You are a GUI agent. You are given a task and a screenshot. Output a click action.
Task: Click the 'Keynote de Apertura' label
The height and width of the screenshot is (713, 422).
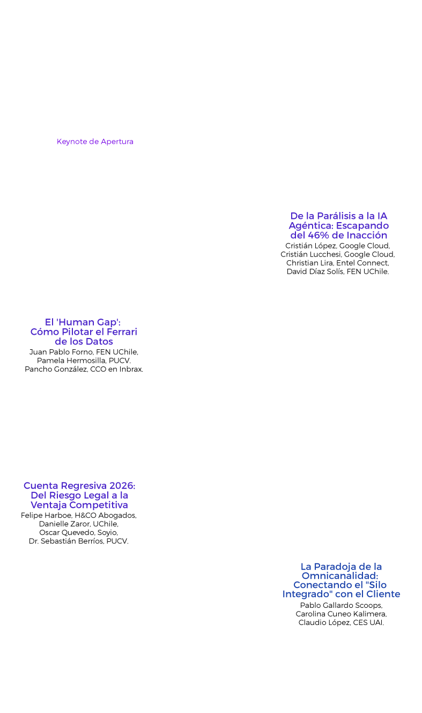pyautogui.click(x=95, y=142)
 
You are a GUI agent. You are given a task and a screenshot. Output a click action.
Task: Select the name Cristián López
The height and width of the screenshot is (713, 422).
pyautogui.click(x=310, y=246)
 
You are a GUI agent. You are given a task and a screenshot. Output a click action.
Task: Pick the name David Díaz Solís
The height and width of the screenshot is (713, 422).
pyautogui.click(x=315, y=271)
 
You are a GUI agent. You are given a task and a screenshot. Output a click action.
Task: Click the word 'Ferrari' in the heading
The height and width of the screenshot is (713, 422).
pyautogui.click(x=122, y=332)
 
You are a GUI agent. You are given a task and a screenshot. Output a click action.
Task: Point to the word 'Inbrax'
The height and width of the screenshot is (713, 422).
pyautogui.click(x=130, y=369)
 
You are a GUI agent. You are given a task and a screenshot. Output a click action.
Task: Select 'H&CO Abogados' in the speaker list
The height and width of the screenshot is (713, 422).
pyautogui.click(x=105, y=516)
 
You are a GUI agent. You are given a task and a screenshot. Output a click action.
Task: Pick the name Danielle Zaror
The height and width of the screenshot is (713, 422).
pyautogui.click(x=64, y=524)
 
